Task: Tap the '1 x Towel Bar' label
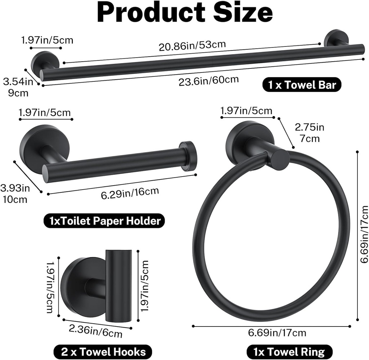pyautogui.click(x=302, y=85)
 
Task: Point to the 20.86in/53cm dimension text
pyautogui.click(x=192, y=46)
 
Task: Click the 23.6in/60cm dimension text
pyautogui.click(x=209, y=81)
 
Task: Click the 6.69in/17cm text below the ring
pyautogui.click(x=277, y=333)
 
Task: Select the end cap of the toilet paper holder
pyautogui.click(x=188, y=156)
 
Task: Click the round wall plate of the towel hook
pyautogui.click(x=77, y=286)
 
